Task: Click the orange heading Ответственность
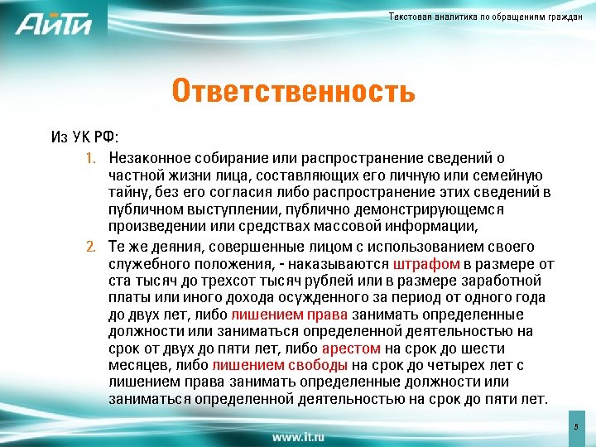293,91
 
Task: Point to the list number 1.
92,158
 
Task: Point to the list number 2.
91,248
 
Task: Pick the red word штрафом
427,265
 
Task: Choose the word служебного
146,265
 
